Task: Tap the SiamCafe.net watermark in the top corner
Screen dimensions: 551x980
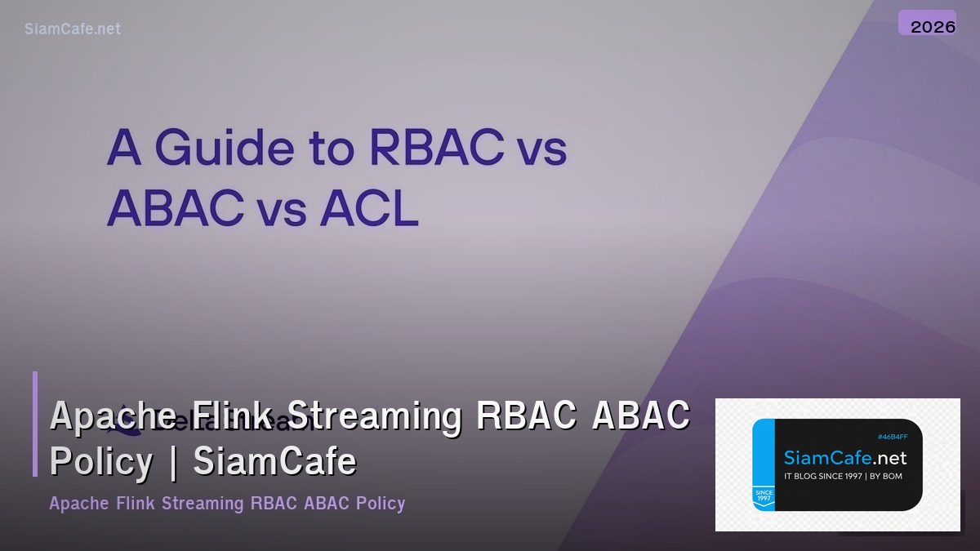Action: (x=73, y=29)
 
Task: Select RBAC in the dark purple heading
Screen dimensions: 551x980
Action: (x=435, y=149)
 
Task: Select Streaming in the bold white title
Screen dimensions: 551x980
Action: (x=376, y=415)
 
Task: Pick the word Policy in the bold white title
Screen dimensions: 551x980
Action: (x=101, y=462)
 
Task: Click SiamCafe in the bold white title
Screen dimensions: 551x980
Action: (x=275, y=462)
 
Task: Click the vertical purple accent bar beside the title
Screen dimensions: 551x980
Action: (x=35, y=424)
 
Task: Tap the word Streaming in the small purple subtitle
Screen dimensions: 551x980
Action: (x=203, y=503)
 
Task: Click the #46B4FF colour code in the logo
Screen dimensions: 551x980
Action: (x=893, y=438)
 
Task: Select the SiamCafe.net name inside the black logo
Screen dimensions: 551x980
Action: (x=845, y=457)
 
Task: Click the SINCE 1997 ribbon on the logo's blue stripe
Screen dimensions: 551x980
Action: (x=764, y=496)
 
